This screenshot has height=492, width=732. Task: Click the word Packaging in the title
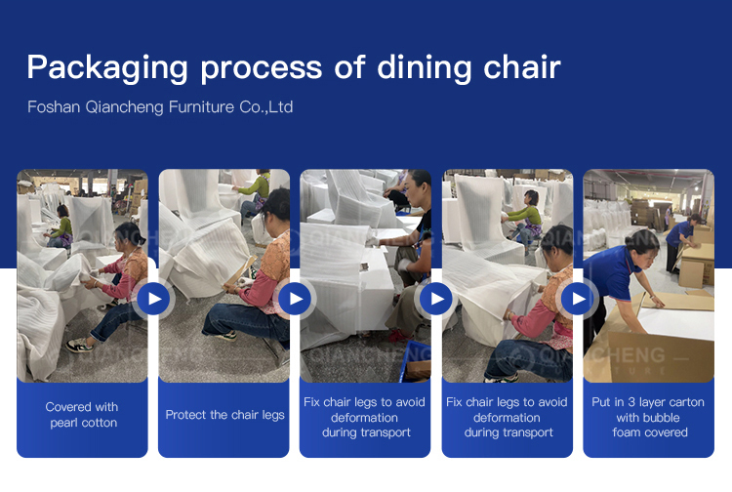107,68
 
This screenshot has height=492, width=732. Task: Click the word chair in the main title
522,66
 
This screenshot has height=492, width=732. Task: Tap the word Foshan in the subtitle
54,107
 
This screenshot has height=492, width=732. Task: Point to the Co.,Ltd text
266,107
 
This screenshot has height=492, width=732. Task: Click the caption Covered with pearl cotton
82,415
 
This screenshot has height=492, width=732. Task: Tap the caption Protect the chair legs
224,415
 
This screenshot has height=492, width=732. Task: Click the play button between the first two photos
153,299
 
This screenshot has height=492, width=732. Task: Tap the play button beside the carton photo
578,299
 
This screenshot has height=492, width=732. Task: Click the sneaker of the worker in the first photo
78,346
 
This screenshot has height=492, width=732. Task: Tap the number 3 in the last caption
630,402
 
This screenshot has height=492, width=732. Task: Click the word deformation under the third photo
364,417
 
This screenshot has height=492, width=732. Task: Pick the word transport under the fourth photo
531,432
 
